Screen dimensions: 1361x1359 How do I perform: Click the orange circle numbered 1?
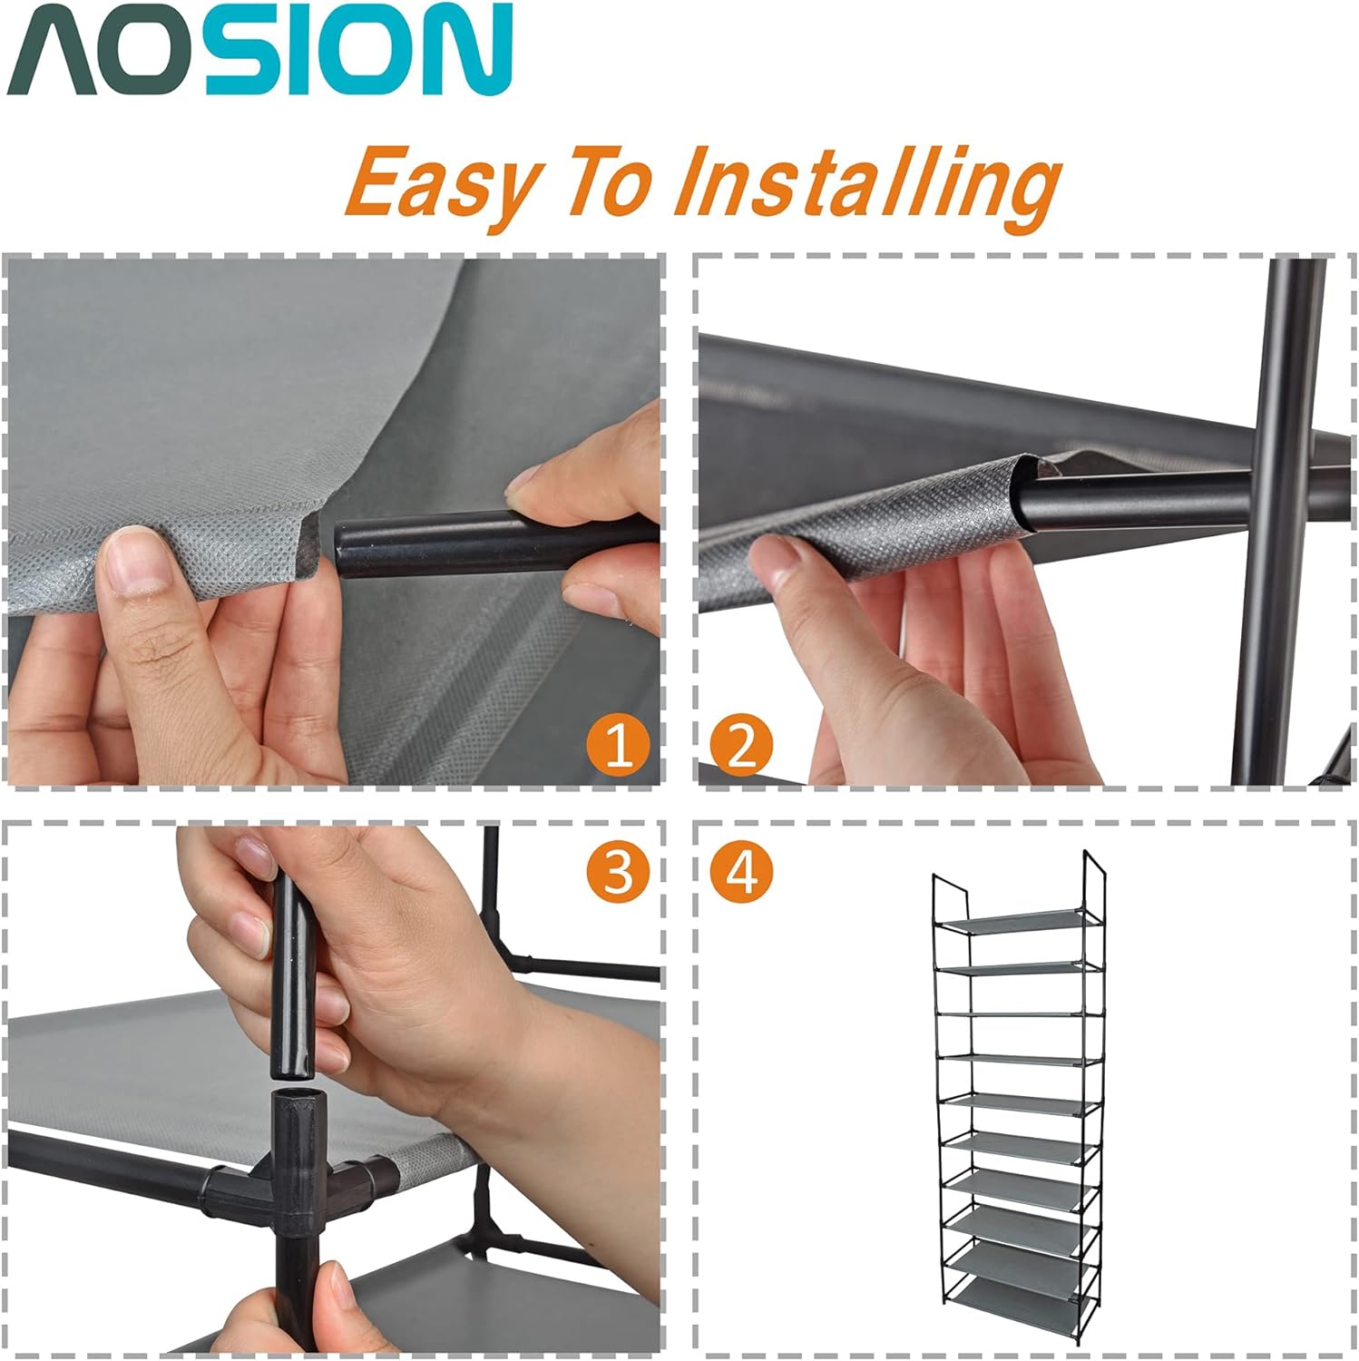619,748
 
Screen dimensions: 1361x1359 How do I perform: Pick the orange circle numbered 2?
741,748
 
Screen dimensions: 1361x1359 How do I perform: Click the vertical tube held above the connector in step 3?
292,980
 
